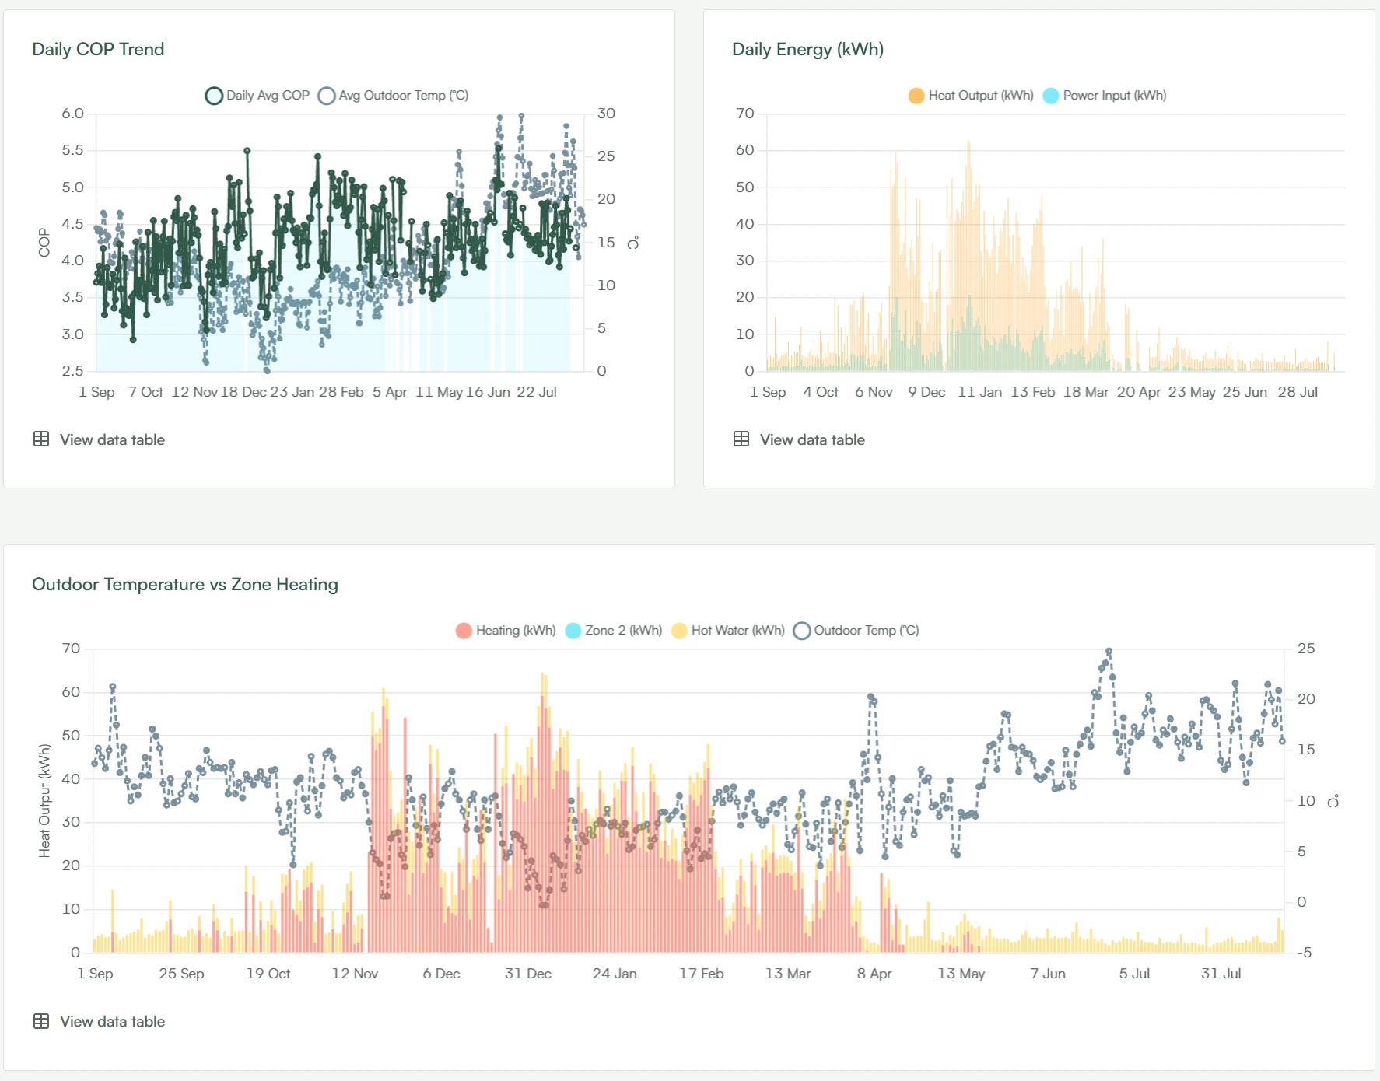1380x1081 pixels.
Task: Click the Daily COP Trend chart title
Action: (98, 49)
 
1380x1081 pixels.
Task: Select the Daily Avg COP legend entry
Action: (257, 96)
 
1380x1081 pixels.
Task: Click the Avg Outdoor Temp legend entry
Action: (394, 96)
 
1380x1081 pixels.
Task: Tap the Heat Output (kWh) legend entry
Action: (971, 96)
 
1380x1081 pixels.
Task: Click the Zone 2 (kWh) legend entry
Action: (614, 631)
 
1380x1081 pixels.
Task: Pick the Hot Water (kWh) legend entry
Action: (728, 631)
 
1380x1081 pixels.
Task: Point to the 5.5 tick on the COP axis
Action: (72, 150)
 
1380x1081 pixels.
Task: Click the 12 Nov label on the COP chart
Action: (194, 392)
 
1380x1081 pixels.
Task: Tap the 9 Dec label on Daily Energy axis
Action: (926, 392)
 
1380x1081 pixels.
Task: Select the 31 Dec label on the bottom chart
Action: (528, 974)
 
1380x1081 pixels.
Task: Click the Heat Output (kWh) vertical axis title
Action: (44, 801)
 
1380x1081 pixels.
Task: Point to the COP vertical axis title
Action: (44, 243)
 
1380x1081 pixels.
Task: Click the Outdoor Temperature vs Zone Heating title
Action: (185, 584)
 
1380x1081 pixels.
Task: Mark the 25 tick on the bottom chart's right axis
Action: (1306, 649)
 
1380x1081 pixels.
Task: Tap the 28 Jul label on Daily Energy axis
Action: (1298, 392)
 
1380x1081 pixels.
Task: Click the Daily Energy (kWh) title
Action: (807, 49)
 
